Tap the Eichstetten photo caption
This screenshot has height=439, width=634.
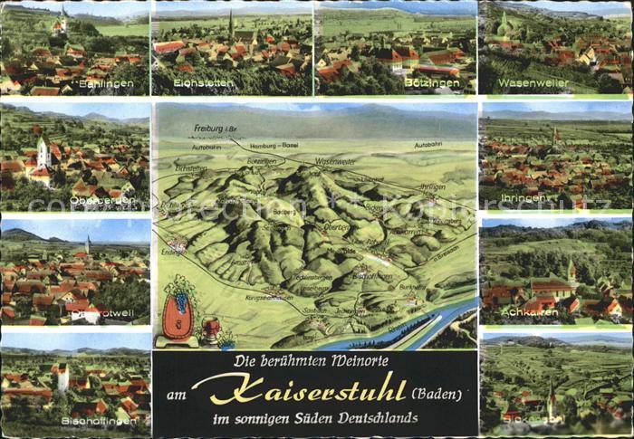[x=204, y=83]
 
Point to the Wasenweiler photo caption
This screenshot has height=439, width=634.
[x=533, y=83]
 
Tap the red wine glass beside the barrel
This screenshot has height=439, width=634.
[x=212, y=329]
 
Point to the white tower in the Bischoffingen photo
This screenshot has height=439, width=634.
[x=62, y=376]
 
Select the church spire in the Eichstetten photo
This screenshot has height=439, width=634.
[x=231, y=23]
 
